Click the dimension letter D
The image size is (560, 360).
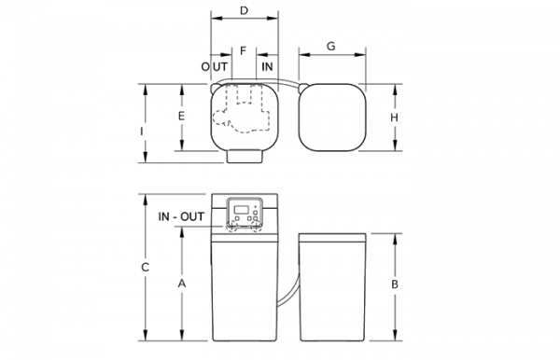pyautogui.click(x=244, y=10)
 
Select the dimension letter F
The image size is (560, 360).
pyautogui.click(x=244, y=51)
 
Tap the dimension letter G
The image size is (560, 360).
pyautogui.click(x=331, y=47)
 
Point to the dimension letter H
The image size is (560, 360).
pyautogui.click(x=394, y=118)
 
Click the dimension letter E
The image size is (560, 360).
pyautogui.click(x=181, y=117)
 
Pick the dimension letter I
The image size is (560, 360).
pyautogui.click(x=142, y=132)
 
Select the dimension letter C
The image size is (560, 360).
pyautogui.click(x=145, y=268)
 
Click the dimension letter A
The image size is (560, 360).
pyautogui.click(x=182, y=284)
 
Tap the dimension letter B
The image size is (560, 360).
pyautogui.click(x=395, y=284)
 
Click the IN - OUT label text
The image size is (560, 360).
pyautogui.click(x=181, y=216)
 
